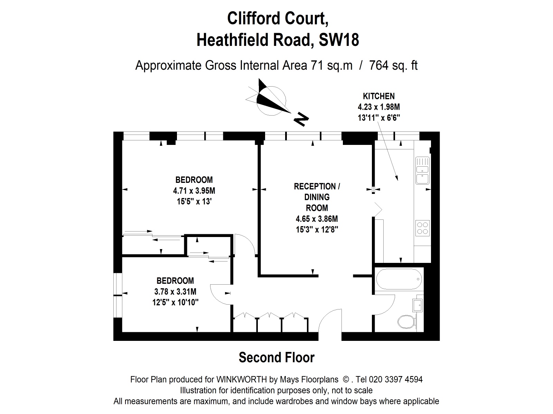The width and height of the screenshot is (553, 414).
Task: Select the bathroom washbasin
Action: click(x=417, y=305)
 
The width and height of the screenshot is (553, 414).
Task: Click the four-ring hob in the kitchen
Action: click(x=422, y=228)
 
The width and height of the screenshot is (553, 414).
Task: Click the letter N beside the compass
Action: click(x=301, y=119)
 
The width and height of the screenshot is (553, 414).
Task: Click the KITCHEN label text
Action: click(x=379, y=96)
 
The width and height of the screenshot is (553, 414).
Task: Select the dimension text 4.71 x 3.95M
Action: click(x=194, y=190)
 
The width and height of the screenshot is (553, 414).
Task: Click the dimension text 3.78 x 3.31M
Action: click(x=175, y=292)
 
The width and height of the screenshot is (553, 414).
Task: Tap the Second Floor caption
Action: click(x=276, y=358)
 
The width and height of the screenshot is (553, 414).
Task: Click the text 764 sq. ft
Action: click(x=393, y=65)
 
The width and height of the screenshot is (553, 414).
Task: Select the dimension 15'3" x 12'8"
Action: click(x=317, y=229)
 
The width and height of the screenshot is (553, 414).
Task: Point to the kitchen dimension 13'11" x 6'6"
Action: click(x=379, y=118)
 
